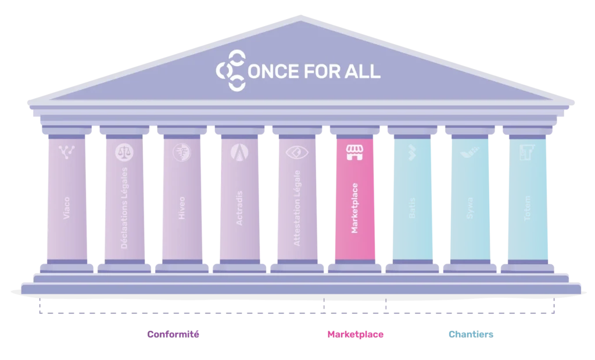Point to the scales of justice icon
124,153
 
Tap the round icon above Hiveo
181,153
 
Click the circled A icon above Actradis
239,153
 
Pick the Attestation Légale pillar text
297,208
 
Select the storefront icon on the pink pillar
354,153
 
